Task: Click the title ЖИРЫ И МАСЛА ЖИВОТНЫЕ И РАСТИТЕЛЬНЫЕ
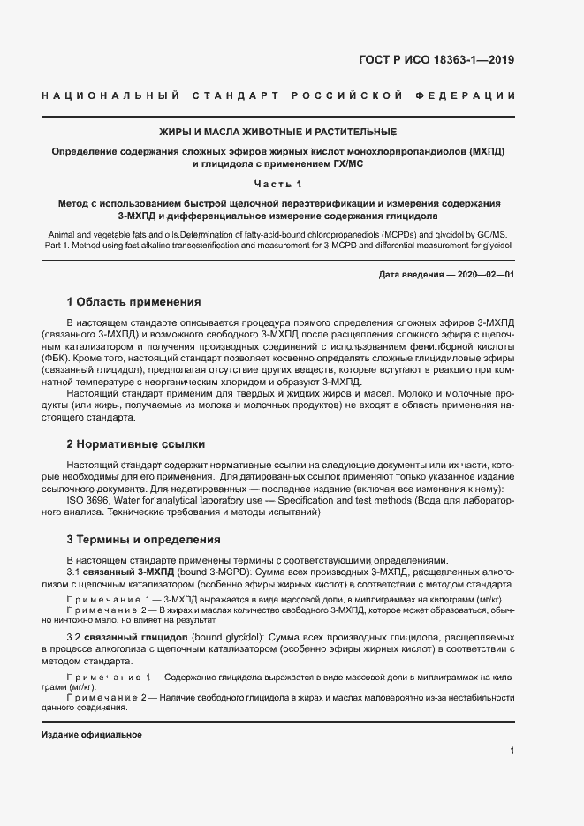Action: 277,132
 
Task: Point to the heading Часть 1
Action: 277,184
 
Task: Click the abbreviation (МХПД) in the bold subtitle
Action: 487,151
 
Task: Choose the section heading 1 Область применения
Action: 133,302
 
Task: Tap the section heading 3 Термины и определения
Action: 144,539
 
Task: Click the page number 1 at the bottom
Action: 512,750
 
